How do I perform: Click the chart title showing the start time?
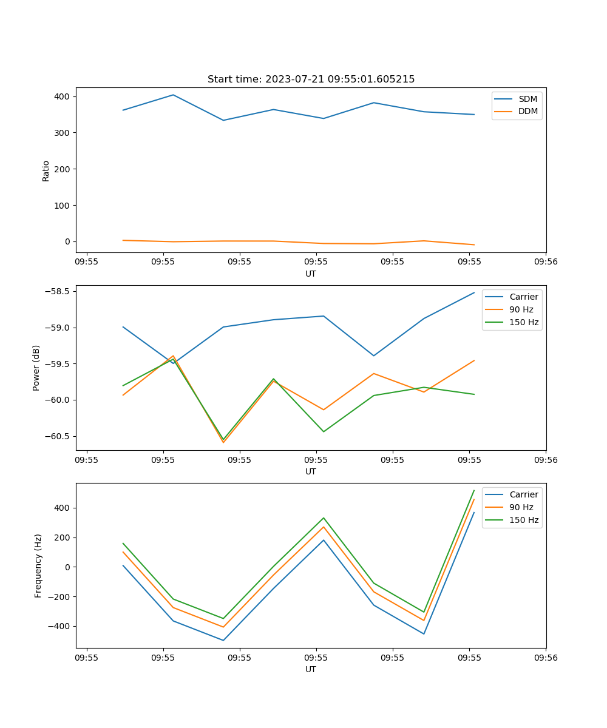pos(311,79)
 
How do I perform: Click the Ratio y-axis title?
pos(46,170)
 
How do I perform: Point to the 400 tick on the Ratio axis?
pos(62,96)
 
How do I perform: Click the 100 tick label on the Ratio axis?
pos(62,205)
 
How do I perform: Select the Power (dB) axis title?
pos(36,368)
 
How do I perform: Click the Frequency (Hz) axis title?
pos(38,565)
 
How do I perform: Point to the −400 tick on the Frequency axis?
pos(59,627)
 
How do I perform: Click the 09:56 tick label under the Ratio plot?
pos(546,262)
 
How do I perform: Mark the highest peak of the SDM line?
pos(173,95)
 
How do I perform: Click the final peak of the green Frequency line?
pos(474,490)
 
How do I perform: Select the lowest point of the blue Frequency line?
pos(223,640)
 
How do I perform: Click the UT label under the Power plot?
pos(311,471)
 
